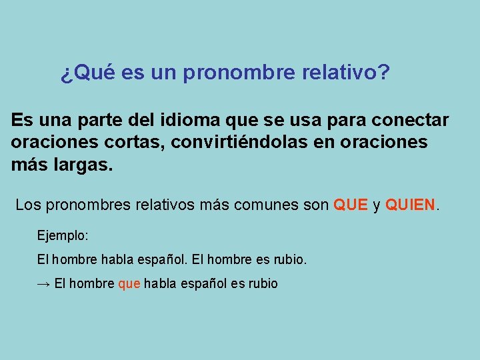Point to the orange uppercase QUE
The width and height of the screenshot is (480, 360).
click(x=351, y=205)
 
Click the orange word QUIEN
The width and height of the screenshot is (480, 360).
click(x=409, y=205)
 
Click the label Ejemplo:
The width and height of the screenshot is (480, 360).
click(x=63, y=236)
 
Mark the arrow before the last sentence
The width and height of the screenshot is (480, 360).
click(x=43, y=284)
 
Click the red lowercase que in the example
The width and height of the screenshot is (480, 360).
click(x=129, y=284)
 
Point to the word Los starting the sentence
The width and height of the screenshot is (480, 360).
click(x=28, y=205)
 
